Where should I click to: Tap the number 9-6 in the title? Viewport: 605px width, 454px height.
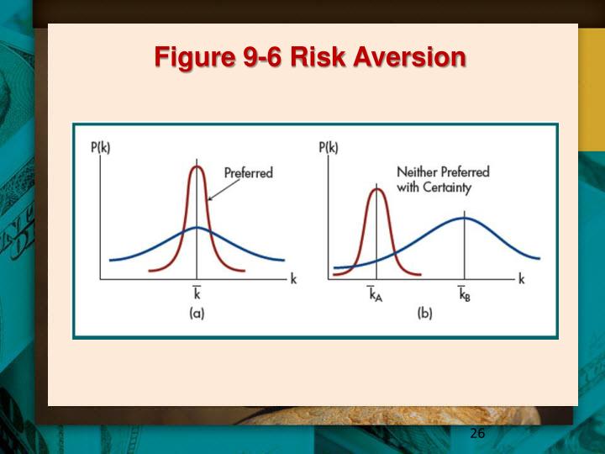click(256, 57)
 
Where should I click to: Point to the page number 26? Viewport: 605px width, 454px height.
click(477, 433)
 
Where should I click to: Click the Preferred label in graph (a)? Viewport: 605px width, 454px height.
click(248, 173)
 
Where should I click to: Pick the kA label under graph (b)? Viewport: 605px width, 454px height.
click(376, 294)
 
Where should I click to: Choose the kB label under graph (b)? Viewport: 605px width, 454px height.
click(464, 294)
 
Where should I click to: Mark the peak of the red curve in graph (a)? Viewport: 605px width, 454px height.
click(197, 166)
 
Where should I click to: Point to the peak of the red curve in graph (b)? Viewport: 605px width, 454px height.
click(377, 189)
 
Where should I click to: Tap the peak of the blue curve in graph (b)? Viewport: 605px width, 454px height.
click(465, 219)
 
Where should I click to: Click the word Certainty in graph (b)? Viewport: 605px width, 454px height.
click(445, 187)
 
